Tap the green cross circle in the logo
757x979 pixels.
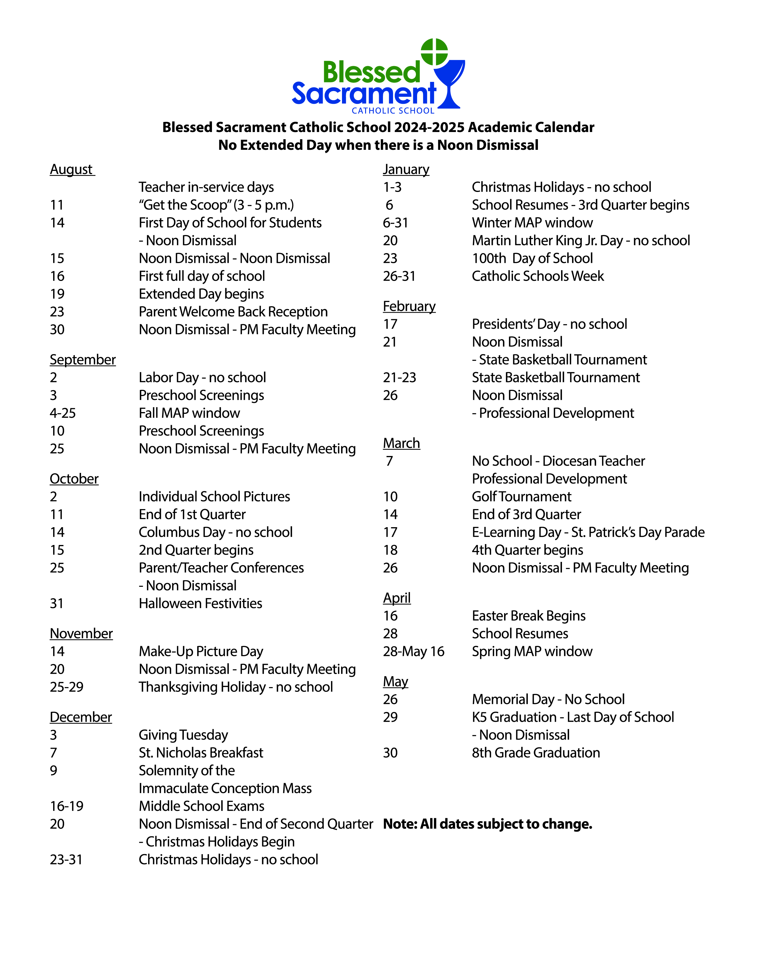[434, 52]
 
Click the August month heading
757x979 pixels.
[72, 169]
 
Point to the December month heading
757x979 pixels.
[81, 717]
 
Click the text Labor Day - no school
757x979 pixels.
[202, 377]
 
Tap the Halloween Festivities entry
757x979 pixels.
[200, 603]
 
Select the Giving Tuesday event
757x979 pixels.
[183, 735]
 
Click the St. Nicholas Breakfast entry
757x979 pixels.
[201, 753]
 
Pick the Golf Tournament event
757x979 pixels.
[522, 497]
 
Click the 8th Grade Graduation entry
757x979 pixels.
[536, 753]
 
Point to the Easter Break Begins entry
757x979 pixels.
[529, 616]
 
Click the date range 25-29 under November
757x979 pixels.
[67, 687]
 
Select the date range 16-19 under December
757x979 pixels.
[67, 806]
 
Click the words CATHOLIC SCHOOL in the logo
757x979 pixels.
[393, 111]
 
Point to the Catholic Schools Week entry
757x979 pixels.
[538, 276]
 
